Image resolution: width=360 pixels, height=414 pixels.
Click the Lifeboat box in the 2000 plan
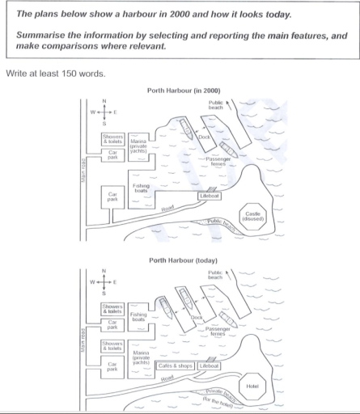[x=210, y=196]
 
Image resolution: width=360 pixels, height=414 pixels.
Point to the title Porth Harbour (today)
[x=180, y=260]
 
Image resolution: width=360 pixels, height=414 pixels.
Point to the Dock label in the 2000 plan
[x=204, y=138]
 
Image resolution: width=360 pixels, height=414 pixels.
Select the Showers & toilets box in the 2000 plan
[x=112, y=138]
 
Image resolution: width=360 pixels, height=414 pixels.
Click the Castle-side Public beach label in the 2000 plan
[x=218, y=221]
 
